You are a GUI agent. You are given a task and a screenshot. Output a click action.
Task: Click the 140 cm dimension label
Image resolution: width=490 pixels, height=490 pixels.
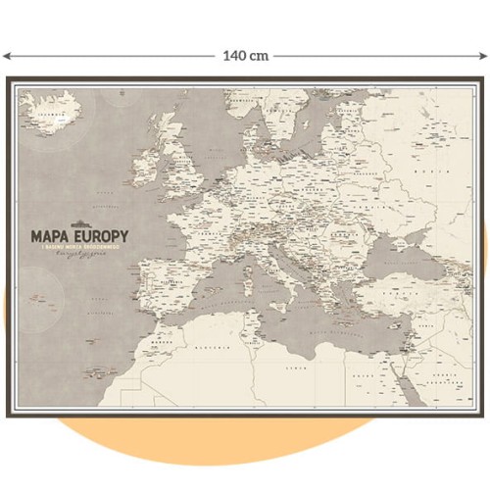point(245,56)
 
